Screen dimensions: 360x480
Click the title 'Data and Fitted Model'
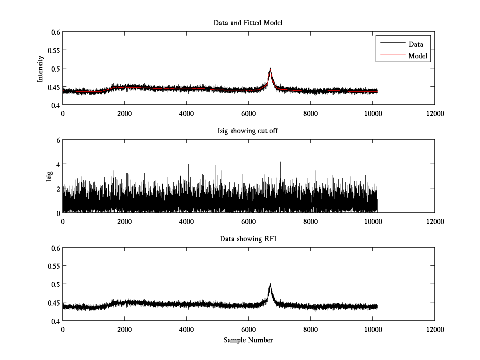click(248, 23)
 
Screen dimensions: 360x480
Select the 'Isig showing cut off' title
click(248, 131)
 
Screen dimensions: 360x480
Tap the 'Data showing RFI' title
click(248, 239)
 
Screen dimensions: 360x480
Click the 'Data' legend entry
click(416, 44)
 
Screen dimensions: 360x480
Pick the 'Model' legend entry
click(418, 56)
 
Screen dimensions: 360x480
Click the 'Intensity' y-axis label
click(40, 68)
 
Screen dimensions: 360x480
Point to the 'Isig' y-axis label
click(49, 176)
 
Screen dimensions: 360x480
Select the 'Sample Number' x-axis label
click(248, 340)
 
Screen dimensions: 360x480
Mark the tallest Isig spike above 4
click(280, 162)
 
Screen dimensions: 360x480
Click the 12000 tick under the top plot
click(434, 114)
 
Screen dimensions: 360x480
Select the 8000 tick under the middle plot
click(310, 222)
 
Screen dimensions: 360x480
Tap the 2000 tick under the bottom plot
click(124, 330)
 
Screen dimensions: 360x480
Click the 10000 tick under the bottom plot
click(372, 330)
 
